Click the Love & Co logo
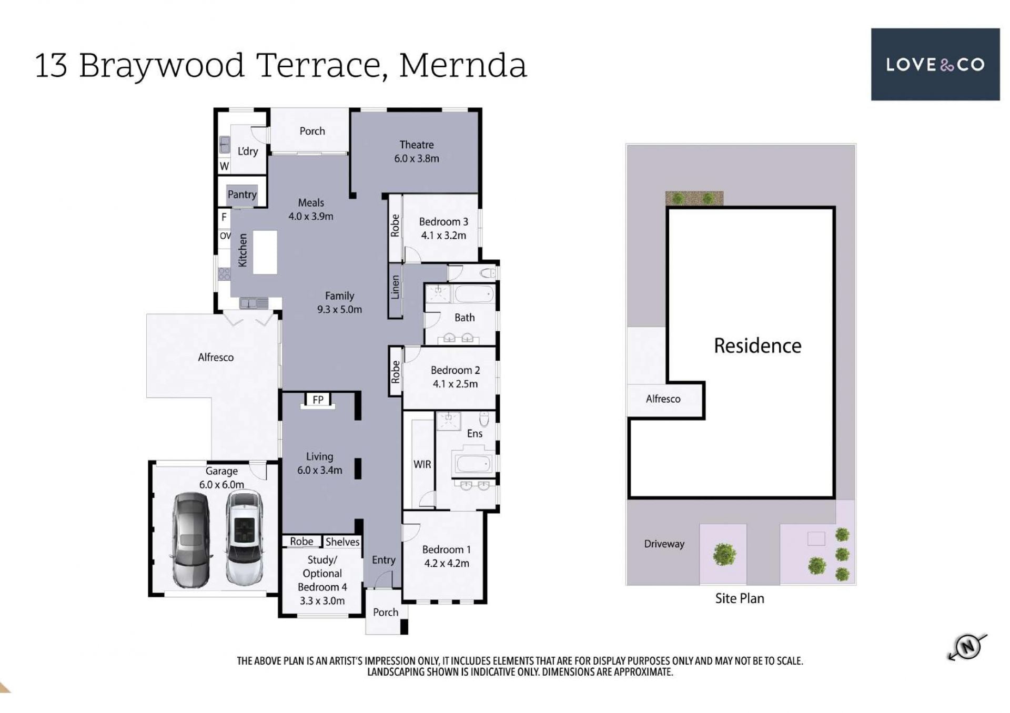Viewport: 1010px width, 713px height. click(935, 64)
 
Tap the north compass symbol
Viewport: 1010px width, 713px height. click(967, 646)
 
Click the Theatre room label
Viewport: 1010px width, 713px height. click(417, 145)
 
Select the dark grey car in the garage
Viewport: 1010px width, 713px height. click(190, 539)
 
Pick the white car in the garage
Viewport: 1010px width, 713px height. click(244, 537)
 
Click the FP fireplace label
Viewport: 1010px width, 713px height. click(318, 400)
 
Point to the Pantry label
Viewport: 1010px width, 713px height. click(242, 194)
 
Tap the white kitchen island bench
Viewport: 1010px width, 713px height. click(265, 252)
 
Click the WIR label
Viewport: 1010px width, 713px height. click(422, 464)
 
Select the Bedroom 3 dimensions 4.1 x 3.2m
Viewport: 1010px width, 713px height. click(443, 236)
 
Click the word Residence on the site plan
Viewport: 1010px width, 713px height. click(757, 345)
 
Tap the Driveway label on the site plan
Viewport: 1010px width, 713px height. click(664, 544)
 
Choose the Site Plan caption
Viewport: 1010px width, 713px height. click(740, 598)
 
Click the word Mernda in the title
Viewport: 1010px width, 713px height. click(463, 65)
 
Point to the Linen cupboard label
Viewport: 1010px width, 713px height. click(395, 287)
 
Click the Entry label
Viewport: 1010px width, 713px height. click(383, 560)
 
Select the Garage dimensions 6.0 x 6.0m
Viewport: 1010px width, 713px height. click(221, 485)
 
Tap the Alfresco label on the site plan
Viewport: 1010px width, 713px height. click(663, 399)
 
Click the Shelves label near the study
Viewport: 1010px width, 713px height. click(342, 542)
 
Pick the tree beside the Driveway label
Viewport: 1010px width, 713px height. click(724, 554)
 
